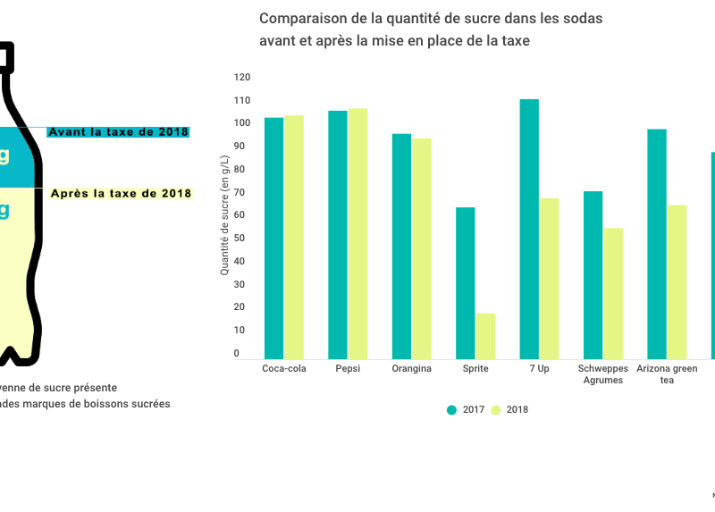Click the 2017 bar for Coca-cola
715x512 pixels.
coord(273,238)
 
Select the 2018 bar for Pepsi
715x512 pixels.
coord(357,233)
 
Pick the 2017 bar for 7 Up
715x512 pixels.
coord(529,229)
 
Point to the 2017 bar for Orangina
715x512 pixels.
coord(401,247)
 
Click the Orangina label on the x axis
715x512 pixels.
coord(411,368)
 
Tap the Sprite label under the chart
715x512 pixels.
coord(475,368)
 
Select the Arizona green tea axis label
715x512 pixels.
coord(666,374)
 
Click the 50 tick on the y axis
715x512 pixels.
coord(237,239)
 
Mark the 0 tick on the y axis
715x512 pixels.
coord(237,354)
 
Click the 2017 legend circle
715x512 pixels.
coord(451,410)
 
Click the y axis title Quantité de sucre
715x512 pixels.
coord(224,214)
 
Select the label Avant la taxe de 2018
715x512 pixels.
coord(118,132)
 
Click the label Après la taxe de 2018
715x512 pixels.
coord(121,193)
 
